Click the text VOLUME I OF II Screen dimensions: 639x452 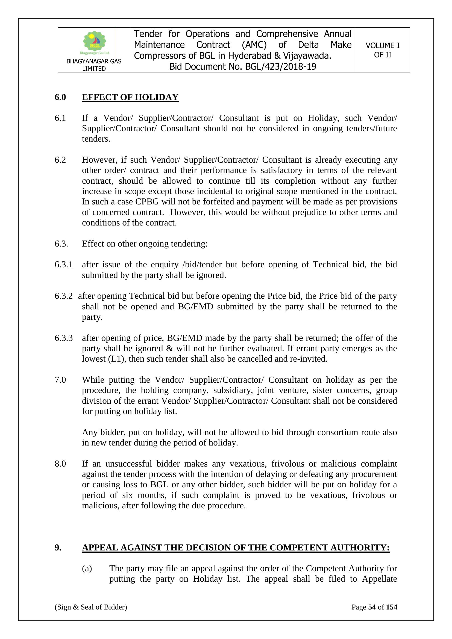(382, 50)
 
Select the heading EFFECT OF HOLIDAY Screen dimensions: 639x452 (130, 97)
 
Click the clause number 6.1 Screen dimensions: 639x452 (60, 118)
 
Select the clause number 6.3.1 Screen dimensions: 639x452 (63, 264)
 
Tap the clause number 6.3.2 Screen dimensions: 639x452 (63, 296)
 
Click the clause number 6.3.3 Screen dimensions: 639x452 (63, 338)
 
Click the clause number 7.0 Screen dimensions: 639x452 (60, 380)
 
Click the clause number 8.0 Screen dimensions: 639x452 (60, 464)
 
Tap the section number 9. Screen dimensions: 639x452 (58, 548)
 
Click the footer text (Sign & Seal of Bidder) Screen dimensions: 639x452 (91, 607)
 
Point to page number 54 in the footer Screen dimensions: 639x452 (372, 607)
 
